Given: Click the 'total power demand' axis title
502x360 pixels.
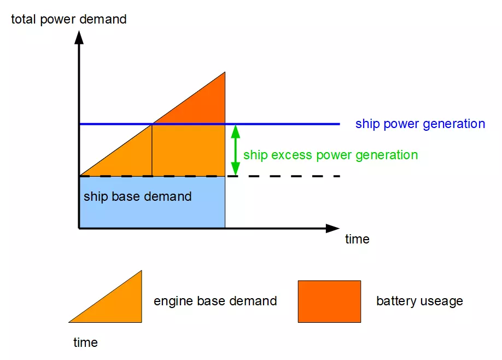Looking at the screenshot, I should [x=69, y=19].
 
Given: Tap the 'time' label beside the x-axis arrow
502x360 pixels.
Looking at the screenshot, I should [x=357, y=239].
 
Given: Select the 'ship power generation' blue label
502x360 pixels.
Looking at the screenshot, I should [x=420, y=124].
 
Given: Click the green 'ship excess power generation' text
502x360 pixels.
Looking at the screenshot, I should [x=330, y=155].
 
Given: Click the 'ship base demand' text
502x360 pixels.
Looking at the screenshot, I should [x=137, y=196].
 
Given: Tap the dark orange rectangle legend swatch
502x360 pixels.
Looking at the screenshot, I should [x=329, y=301].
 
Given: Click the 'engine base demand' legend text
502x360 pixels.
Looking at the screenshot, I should [x=215, y=301].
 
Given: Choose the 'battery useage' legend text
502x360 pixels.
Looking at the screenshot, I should [x=419, y=301].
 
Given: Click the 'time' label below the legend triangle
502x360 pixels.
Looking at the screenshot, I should [x=85, y=343].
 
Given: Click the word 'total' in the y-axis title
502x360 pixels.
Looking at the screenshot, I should [x=24, y=19].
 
